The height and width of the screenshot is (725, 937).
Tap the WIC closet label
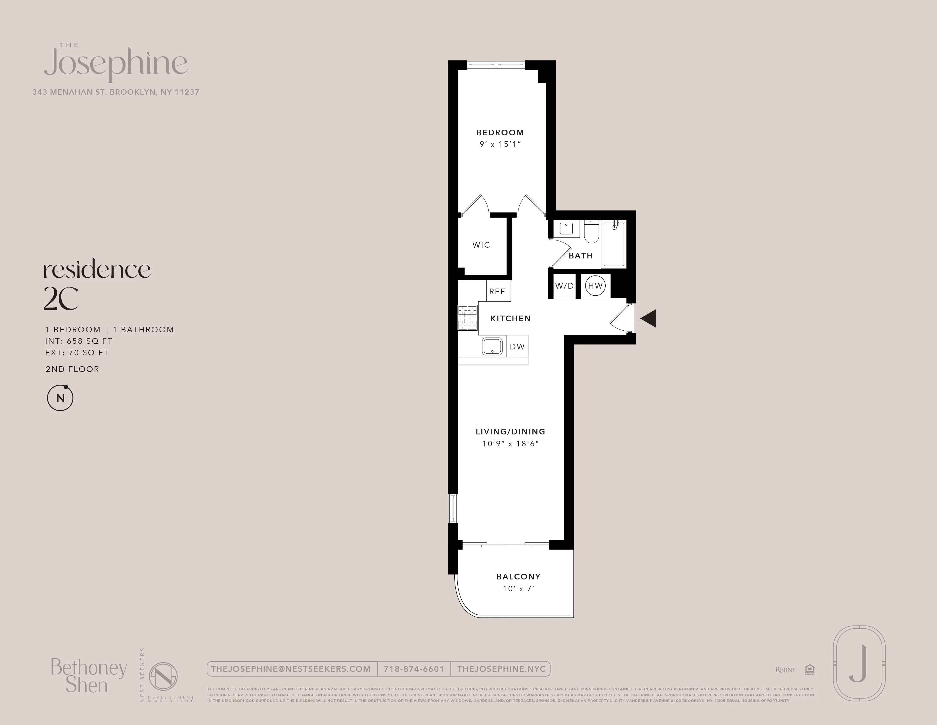(481, 245)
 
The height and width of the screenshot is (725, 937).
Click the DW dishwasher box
(517, 346)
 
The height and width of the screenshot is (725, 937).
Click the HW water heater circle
(595, 286)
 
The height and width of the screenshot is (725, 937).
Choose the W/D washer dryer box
(564, 286)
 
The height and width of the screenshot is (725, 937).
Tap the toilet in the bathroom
(591, 232)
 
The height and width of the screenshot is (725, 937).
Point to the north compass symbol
(60, 398)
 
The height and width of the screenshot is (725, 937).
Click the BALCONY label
(518, 576)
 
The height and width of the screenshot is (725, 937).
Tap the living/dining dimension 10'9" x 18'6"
(510, 444)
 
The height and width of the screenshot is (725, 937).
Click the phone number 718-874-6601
(414, 669)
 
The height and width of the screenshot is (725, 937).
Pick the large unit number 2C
(61, 299)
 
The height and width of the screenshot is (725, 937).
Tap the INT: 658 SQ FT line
(79, 341)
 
